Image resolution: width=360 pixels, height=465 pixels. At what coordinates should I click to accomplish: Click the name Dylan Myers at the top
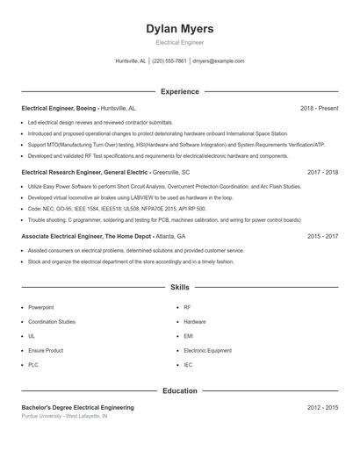(179, 29)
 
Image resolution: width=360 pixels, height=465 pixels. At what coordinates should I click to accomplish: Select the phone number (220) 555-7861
(169, 61)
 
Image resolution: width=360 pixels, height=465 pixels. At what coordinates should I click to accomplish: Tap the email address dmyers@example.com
(218, 61)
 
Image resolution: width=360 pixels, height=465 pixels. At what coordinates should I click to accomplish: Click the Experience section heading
(179, 91)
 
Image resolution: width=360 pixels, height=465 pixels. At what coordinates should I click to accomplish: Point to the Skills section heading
(179, 287)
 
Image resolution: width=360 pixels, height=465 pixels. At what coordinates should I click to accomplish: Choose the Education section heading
(179, 390)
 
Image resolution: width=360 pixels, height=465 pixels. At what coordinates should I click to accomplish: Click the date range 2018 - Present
(319, 108)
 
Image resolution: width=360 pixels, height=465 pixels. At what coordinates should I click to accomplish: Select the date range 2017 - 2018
(322, 173)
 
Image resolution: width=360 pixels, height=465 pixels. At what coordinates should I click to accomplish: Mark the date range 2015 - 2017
(322, 237)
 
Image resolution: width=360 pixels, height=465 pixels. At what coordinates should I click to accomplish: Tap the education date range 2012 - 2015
(322, 408)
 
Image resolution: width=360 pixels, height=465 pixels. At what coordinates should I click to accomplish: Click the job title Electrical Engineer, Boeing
(59, 108)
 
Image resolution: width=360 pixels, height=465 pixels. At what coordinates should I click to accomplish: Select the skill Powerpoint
(40, 308)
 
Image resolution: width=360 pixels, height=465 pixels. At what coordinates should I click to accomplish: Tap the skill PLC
(33, 364)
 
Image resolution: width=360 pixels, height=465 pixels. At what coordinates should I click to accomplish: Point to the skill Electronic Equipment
(207, 350)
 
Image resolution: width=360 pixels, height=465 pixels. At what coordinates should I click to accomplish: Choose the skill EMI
(189, 336)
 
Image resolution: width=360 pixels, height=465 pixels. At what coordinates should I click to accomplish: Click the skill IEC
(188, 364)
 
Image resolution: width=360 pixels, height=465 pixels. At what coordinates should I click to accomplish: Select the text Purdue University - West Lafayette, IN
(64, 416)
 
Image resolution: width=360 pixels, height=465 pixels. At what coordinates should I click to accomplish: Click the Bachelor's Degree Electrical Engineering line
(77, 408)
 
